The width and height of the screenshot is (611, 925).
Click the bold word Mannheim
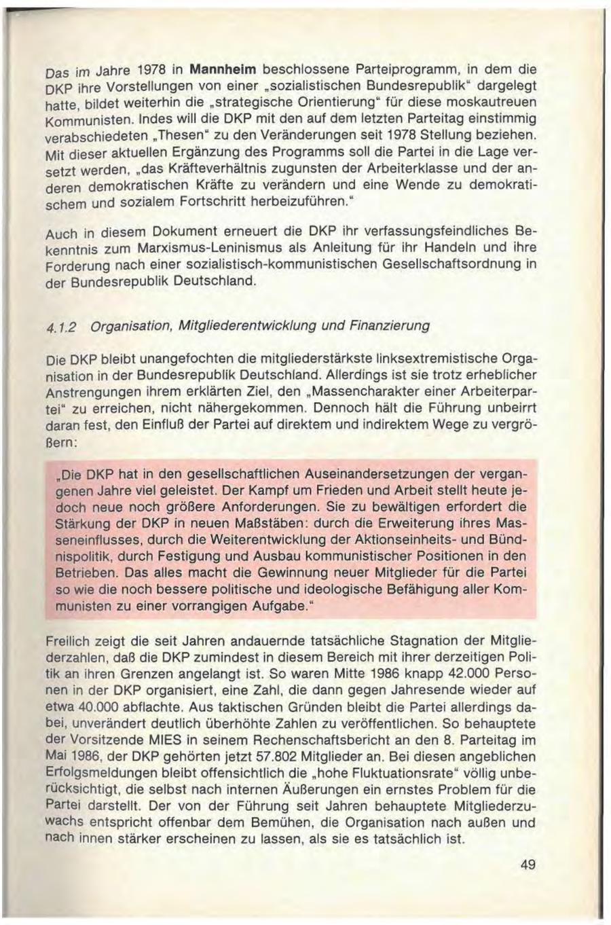[223, 69]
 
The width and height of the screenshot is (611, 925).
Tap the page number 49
[528, 865]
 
